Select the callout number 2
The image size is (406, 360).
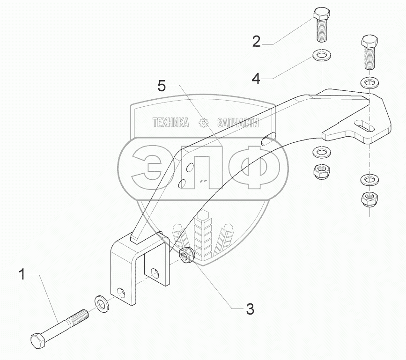click(256, 41)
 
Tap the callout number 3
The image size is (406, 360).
click(250, 309)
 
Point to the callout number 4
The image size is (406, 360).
click(256, 78)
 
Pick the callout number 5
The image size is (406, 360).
click(162, 86)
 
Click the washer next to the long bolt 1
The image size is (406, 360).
click(101, 302)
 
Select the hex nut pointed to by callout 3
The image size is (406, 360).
click(187, 256)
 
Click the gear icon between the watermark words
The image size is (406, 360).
click(204, 123)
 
